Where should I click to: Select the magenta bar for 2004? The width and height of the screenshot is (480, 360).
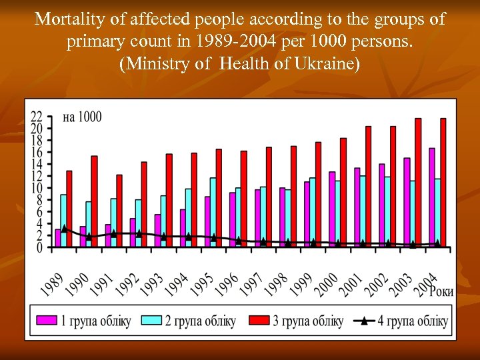431,197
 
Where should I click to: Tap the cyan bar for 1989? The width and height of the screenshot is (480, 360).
63,221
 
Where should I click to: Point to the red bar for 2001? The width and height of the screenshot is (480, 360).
369,186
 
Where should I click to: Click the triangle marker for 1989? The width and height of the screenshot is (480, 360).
64,228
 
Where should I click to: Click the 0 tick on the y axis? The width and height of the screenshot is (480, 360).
39,247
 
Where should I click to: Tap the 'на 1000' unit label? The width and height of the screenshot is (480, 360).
82,117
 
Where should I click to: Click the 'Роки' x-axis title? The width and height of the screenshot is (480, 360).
441,291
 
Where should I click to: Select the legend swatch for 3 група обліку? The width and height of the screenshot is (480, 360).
256,321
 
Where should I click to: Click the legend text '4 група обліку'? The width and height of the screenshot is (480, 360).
413,321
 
